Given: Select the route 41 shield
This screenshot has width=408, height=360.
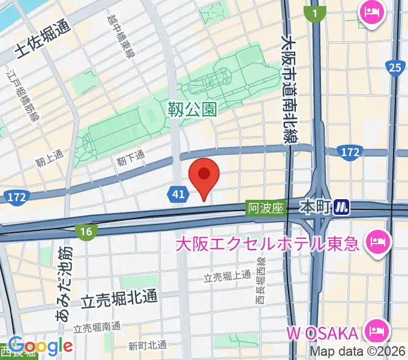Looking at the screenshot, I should (x=176, y=194).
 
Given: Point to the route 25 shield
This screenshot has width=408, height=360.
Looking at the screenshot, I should (x=394, y=68).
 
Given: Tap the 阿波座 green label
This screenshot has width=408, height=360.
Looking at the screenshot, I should (x=265, y=208).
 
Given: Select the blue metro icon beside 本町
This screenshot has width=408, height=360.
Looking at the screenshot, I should (x=342, y=208).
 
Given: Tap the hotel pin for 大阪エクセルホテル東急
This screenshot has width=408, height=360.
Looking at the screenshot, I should (x=379, y=242).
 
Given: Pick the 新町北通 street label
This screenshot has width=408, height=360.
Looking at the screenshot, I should (x=148, y=345).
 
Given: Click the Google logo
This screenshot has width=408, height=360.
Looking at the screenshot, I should (x=41, y=346).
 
